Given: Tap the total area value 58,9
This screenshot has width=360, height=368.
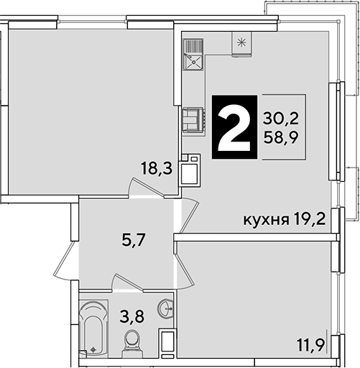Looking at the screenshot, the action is click(281, 137).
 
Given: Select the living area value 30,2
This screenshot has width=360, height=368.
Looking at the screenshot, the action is click(281, 119).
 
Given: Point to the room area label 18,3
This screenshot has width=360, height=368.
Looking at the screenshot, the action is click(157, 168).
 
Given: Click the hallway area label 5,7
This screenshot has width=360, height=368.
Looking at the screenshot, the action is click(134, 240).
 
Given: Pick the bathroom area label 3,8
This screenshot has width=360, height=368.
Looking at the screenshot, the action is click(132, 316).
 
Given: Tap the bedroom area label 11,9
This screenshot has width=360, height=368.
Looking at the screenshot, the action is click(311, 345).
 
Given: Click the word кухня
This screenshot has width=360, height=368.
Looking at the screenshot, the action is click(266, 220).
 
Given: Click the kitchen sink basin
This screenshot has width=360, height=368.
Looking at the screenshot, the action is click(193, 62).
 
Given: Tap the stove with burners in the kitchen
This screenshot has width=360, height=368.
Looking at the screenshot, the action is click(193, 119).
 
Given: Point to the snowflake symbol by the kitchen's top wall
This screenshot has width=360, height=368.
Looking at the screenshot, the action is click(241, 42).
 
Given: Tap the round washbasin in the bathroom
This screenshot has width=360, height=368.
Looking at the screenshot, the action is click(165, 308).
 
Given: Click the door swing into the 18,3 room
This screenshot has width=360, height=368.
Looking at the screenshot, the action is click(146, 188).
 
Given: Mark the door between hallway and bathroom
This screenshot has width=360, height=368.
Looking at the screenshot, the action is click(128, 282).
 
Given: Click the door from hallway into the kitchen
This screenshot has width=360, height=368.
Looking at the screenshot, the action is click(189, 216).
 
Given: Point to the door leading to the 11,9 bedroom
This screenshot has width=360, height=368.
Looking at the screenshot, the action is click(185, 272).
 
